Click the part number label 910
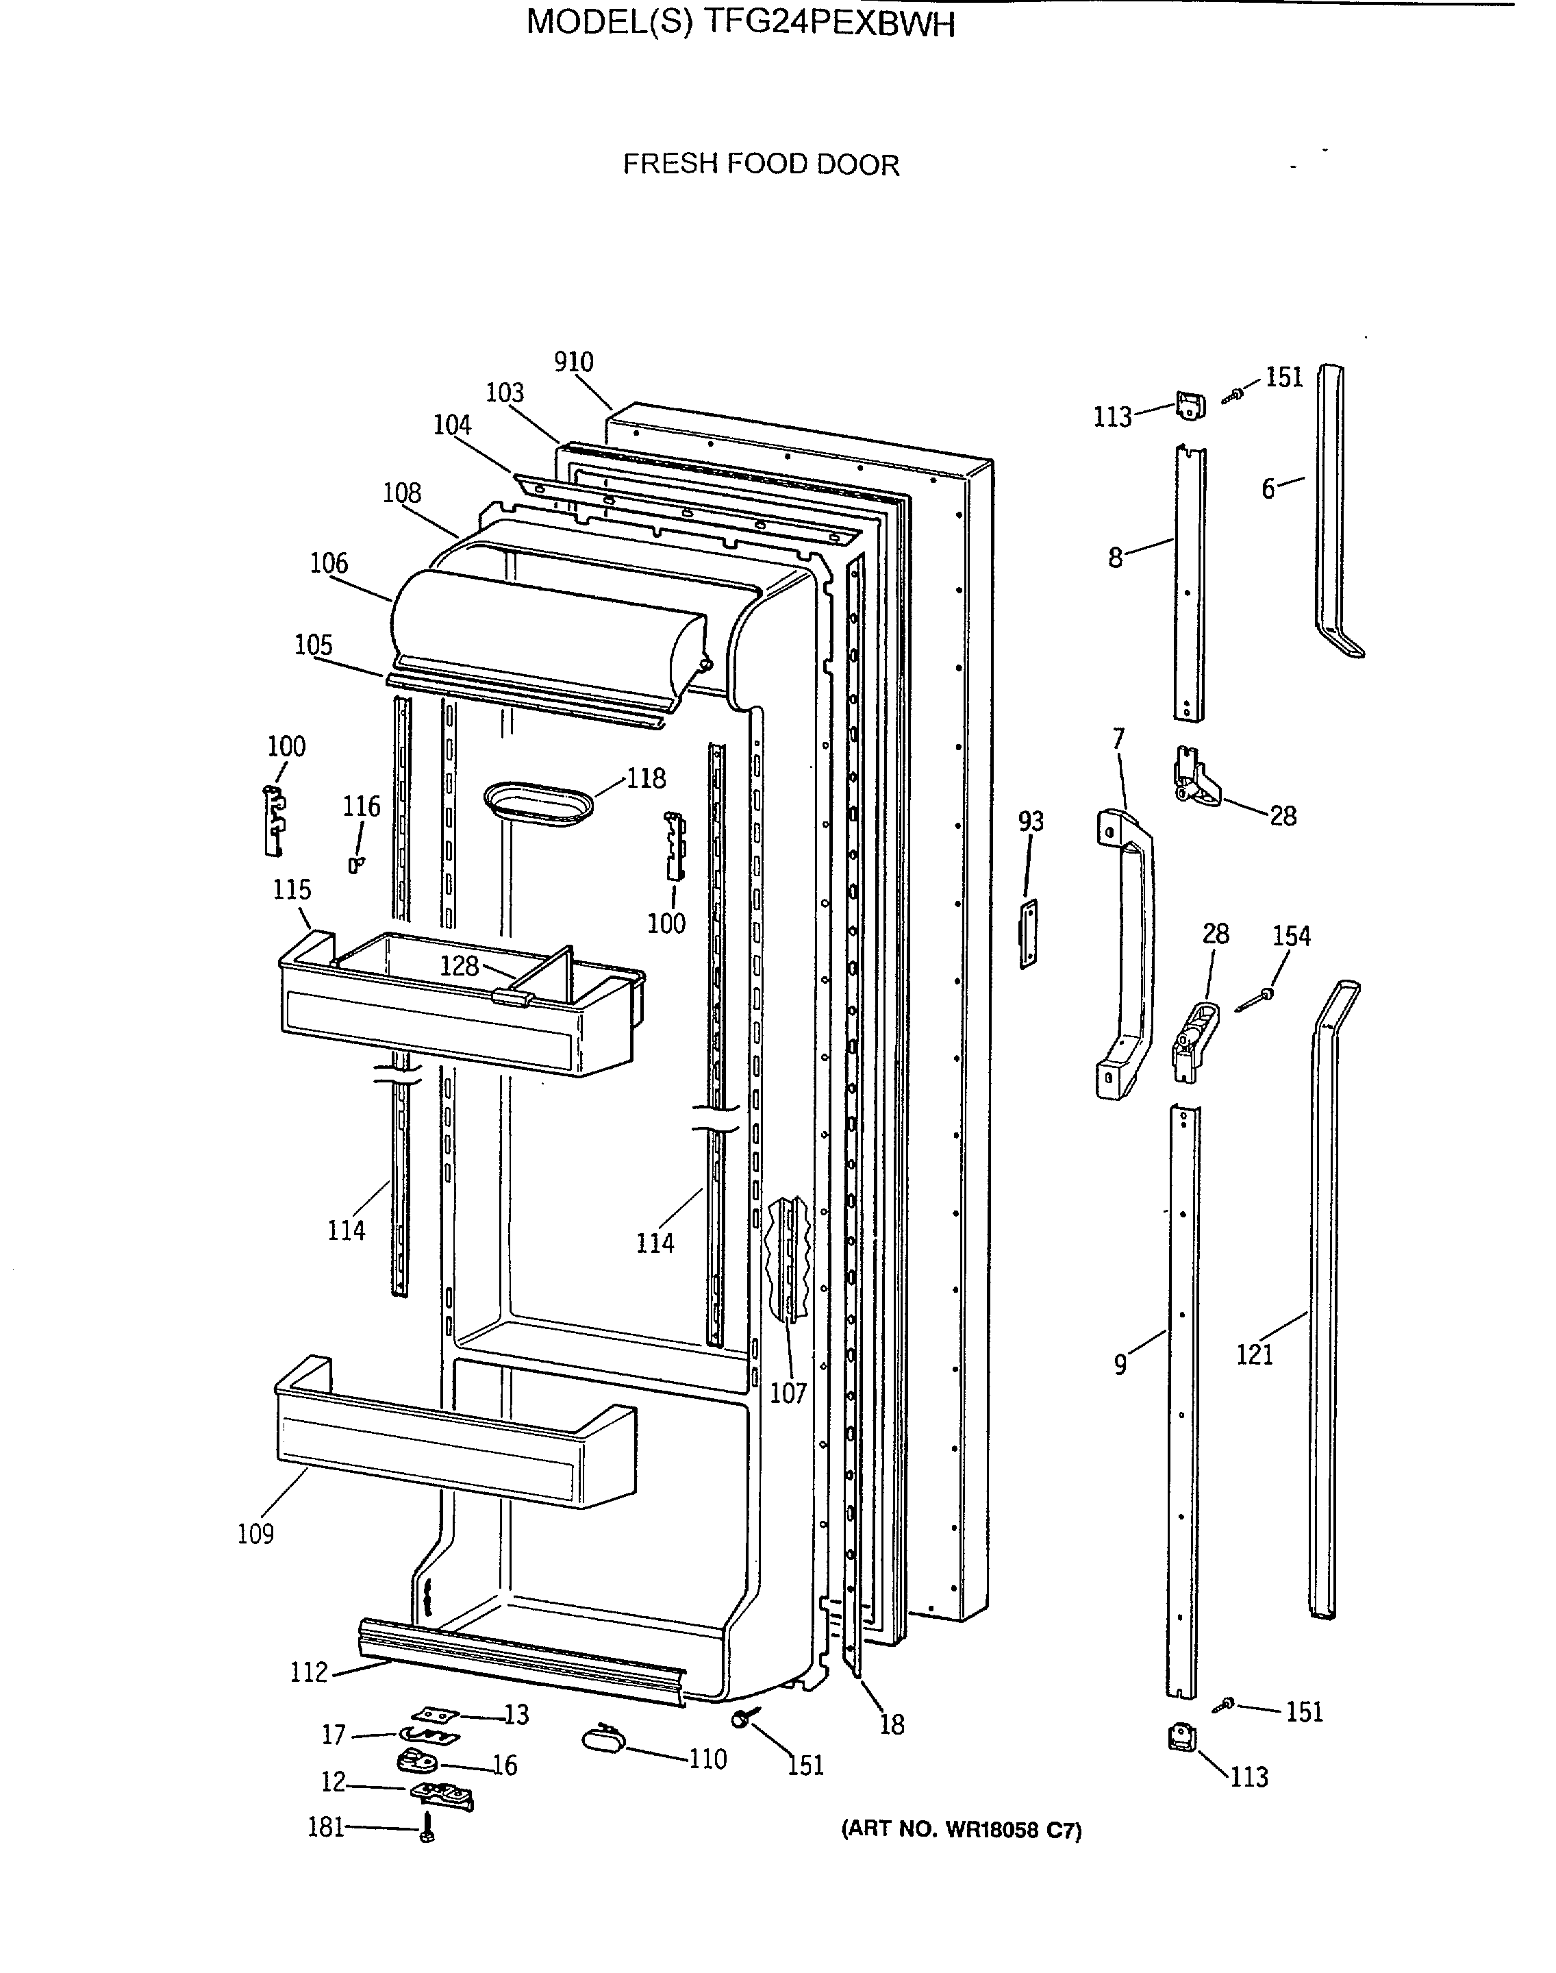(574, 362)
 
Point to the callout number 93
(1030, 822)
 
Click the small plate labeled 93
(1027, 934)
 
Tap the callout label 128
(459, 966)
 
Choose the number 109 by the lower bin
(256, 1534)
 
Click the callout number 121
(1255, 1354)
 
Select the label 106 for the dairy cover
(329, 563)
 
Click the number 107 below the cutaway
(788, 1393)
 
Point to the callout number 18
(892, 1725)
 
